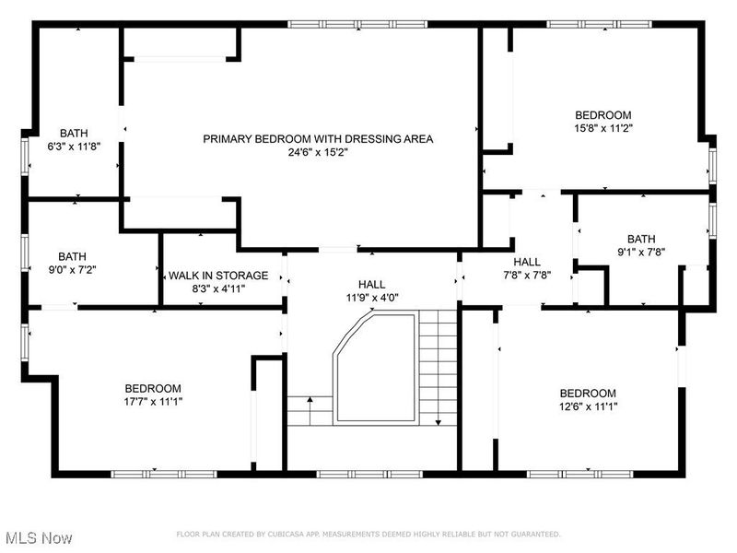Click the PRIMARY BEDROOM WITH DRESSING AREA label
(318, 139)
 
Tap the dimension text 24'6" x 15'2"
(318, 153)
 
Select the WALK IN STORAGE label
(218, 276)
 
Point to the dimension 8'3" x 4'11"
(218, 288)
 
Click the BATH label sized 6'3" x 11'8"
(74, 133)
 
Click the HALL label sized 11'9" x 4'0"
(372, 284)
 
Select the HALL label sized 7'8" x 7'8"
(527, 262)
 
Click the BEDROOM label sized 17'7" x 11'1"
(153, 388)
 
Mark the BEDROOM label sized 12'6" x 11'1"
(587, 393)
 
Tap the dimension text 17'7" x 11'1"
(153, 402)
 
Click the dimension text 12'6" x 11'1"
(587, 406)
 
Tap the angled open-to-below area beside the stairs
(373, 369)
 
